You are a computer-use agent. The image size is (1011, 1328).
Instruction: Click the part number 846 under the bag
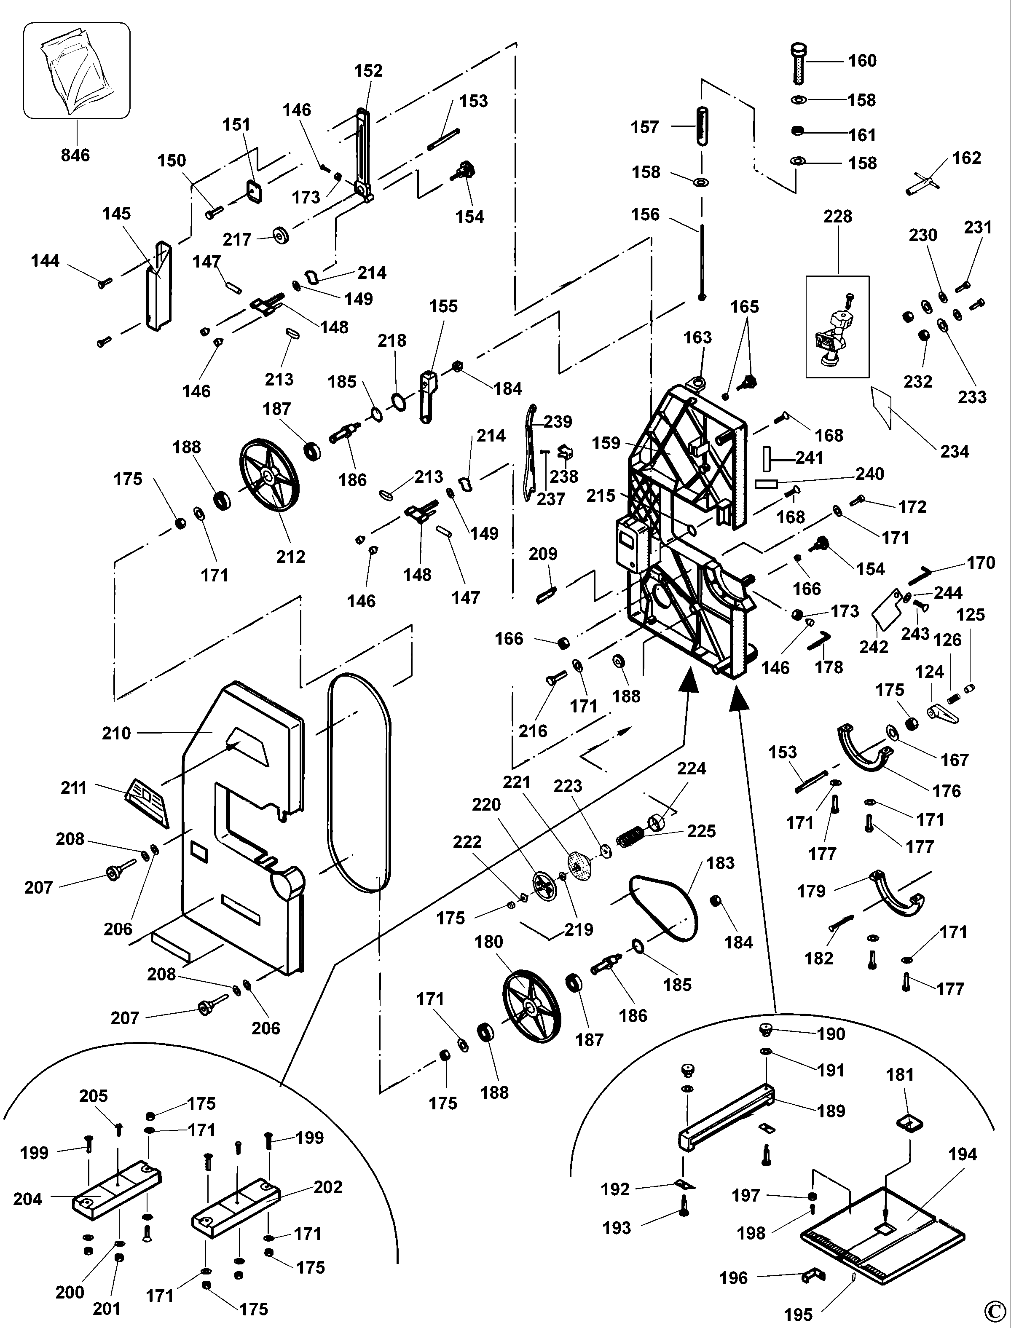75,155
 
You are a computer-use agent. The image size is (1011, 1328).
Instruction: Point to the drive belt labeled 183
662,909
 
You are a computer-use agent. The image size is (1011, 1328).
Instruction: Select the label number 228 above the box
838,217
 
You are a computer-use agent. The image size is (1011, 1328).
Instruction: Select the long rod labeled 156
702,262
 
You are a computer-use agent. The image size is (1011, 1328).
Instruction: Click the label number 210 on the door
116,733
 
